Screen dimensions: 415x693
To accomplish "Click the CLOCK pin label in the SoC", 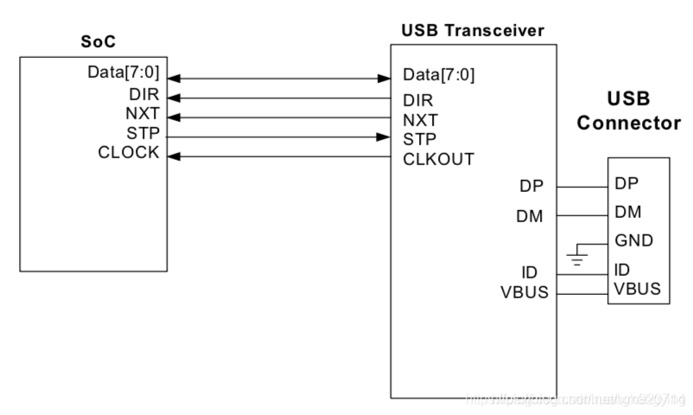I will [x=129, y=152].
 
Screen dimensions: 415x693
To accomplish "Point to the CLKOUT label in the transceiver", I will [x=438, y=158].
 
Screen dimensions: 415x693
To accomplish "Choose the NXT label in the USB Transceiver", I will [x=419, y=118].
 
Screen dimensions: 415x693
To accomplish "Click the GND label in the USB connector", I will [x=633, y=239].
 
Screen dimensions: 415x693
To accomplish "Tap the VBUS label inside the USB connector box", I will [x=637, y=288].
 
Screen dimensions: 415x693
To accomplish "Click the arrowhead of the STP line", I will [x=383, y=137].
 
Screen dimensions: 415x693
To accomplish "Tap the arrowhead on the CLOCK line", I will [x=173, y=157].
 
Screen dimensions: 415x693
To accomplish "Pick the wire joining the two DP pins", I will [x=582, y=186].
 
